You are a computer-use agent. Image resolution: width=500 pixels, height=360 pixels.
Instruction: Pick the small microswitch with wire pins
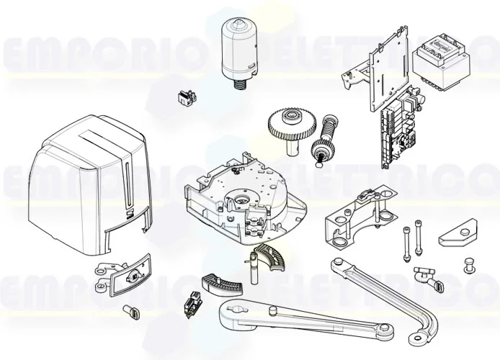pos(192,305)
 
